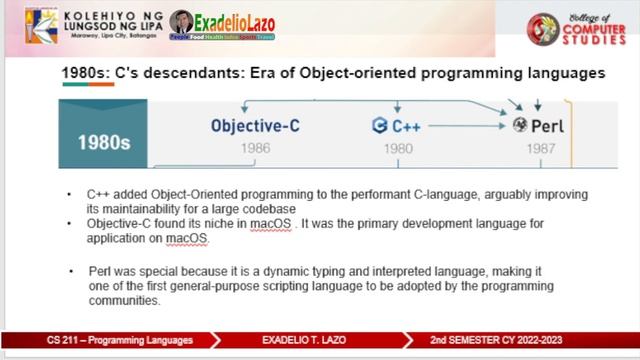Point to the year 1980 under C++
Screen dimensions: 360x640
click(398, 148)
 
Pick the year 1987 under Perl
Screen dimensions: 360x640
click(539, 148)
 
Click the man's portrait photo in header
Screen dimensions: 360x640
click(182, 24)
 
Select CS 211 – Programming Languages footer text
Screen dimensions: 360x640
click(118, 341)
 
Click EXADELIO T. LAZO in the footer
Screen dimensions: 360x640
click(305, 341)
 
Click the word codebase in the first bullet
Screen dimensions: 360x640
click(265, 207)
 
